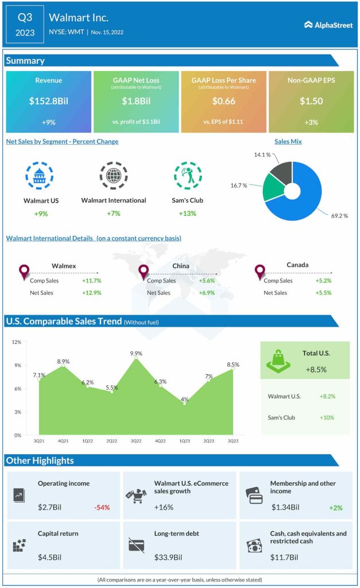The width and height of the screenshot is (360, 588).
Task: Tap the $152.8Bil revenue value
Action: (48, 101)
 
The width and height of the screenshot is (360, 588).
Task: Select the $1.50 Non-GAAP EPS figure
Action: (311, 101)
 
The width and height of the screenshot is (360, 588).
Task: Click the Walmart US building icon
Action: (40, 176)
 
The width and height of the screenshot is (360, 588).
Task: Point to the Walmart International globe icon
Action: (114, 176)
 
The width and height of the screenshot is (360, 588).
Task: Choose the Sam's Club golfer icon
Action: (188, 176)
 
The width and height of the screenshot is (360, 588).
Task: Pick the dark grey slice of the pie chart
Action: (281, 172)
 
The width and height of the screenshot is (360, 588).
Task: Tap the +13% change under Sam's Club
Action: (187, 214)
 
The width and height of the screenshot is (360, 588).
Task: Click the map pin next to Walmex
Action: (24, 272)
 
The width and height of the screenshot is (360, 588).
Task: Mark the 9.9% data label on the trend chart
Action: (136, 353)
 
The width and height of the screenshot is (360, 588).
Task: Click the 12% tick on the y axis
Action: (17, 342)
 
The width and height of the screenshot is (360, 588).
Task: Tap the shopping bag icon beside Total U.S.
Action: (278, 360)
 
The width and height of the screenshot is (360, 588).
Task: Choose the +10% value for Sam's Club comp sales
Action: (327, 417)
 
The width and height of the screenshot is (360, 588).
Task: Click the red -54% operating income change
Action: (102, 507)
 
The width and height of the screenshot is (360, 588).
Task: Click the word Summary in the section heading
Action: (25, 60)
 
